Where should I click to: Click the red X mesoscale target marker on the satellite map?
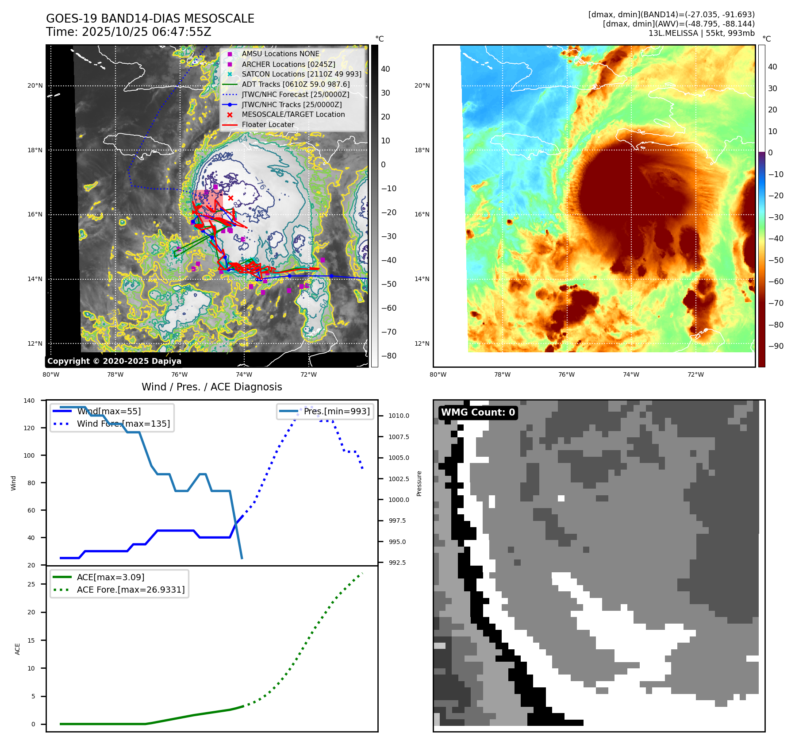click(x=230, y=198)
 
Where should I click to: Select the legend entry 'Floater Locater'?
click(x=268, y=125)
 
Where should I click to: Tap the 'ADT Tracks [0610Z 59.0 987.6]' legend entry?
click(x=296, y=84)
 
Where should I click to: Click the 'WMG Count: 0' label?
click(x=478, y=413)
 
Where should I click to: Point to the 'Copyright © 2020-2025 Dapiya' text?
click(x=114, y=361)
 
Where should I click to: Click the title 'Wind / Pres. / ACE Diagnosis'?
click(x=211, y=387)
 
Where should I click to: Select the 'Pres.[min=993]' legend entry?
click(x=336, y=411)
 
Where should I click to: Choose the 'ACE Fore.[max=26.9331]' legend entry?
click(x=131, y=590)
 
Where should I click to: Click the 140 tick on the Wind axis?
click(x=29, y=401)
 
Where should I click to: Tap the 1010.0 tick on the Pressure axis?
click(x=399, y=416)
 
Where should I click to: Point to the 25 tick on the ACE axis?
click(x=31, y=584)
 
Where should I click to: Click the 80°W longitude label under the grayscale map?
click(x=51, y=375)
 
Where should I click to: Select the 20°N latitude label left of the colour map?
click(x=422, y=86)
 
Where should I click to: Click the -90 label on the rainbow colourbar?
click(x=776, y=346)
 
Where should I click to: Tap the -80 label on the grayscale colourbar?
click(x=388, y=356)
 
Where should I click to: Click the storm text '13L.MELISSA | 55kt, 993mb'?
click(x=701, y=33)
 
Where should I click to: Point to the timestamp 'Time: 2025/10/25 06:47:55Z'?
click(x=128, y=32)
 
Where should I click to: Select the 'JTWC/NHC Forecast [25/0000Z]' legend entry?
click(x=295, y=94)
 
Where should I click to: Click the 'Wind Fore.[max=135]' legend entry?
click(x=123, y=424)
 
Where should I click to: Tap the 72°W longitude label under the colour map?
click(x=695, y=375)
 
